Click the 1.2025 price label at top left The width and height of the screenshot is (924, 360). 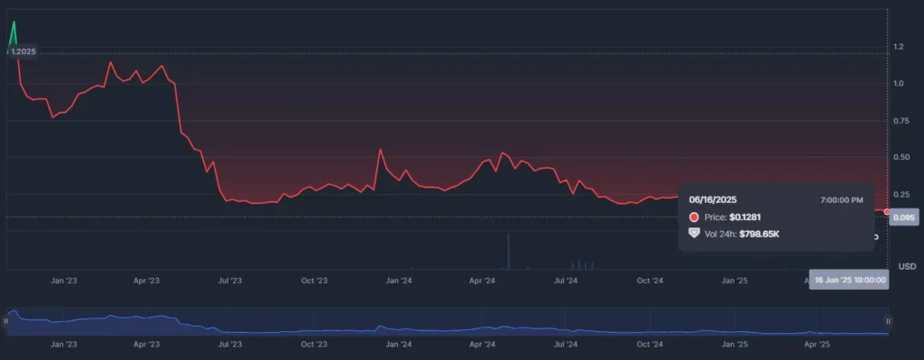point(23,51)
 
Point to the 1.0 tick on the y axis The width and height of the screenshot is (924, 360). point(898,84)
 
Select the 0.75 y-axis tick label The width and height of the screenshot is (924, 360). point(901,121)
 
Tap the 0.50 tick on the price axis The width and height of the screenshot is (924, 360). point(901,158)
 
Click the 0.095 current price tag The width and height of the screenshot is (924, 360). point(903,217)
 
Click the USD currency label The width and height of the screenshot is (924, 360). point(907,266)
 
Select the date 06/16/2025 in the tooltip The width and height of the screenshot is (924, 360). point(713,198)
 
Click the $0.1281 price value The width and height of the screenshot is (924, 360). point(748,217)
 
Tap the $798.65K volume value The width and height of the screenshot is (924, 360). point(759,235)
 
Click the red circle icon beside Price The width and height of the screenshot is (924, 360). point(694,217)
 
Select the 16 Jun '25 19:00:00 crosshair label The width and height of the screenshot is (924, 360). point(849,281)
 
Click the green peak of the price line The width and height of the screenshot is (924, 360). point(14,23)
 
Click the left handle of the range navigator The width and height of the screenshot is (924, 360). point(6,320)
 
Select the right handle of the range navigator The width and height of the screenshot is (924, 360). point(889,320)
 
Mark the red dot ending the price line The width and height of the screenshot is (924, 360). point(888,211)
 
